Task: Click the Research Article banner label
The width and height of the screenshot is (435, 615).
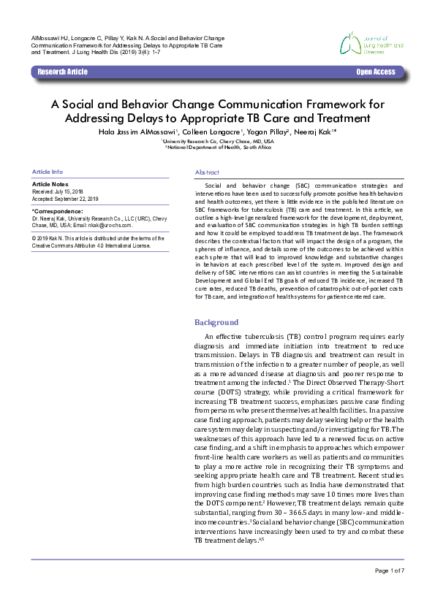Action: tap(62, 72)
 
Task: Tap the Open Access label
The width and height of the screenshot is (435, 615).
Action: tap(376, 72)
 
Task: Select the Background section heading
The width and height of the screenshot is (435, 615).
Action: tap(216, 322)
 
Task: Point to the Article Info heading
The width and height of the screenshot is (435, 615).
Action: tap(48, 172)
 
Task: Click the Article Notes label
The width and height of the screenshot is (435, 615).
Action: tap(50, 185)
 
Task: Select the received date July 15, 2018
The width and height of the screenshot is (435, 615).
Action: tap(70, 191)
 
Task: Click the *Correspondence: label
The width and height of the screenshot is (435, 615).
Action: tap(56, 210)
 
